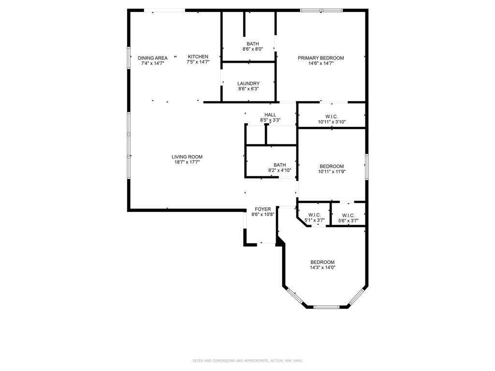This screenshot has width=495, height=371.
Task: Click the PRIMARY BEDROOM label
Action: (x=320, y=58)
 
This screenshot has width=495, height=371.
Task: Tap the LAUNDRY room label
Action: (x=248, y=84)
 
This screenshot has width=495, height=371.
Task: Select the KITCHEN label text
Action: (x=198, y=57)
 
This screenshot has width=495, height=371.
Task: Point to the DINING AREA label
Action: (x=153, y=58)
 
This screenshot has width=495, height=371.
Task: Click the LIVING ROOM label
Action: (x=187, y=157)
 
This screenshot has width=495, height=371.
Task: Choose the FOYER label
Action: (x=263, y=209)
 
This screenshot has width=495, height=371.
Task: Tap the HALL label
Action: (x=270, y=114)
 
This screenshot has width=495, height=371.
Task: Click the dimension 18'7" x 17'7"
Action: (x=187, y=162)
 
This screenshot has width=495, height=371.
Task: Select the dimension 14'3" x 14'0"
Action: (x=322, y=268)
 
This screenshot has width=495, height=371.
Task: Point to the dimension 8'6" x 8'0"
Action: (x=252, y=49)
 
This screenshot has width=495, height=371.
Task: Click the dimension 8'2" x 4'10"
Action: (x=279, y=170)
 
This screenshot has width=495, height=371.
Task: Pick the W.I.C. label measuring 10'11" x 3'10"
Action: (x=332, y=116)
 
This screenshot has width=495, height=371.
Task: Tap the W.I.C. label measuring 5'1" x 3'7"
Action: (x=314, y=215)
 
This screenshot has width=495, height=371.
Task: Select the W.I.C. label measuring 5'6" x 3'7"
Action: (x=348, y=215)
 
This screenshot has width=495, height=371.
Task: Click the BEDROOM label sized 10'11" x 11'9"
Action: (x=332, y=166)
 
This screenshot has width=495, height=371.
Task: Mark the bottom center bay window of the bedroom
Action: (x=327, y=307)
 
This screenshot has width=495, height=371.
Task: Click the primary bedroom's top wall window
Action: (x=321, y=10)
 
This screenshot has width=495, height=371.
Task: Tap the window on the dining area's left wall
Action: (x=129, y=58)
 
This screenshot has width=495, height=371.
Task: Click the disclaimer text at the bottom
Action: (x=247, y=360)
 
